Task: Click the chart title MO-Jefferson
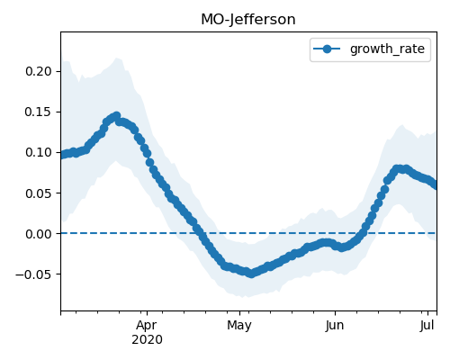[248, 20]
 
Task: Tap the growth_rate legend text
[387, 49]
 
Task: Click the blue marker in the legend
[327, 49]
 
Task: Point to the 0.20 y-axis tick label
[39, 71]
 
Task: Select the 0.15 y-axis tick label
[39, 112]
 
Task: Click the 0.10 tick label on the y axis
[39, 152]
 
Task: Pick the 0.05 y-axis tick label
[39, 193]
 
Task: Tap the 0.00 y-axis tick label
[39, 234]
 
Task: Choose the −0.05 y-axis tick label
[33, 274]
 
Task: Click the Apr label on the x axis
[147, 326]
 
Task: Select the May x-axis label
[239, 326]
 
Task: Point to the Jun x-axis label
[335, 326]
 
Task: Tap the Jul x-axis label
[427, 326]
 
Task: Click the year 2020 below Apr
[147, 339]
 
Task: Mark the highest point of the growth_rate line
[116, 115]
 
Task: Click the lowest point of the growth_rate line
[251, 274]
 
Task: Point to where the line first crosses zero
[199, 233]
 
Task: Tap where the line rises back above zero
[364, 233]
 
